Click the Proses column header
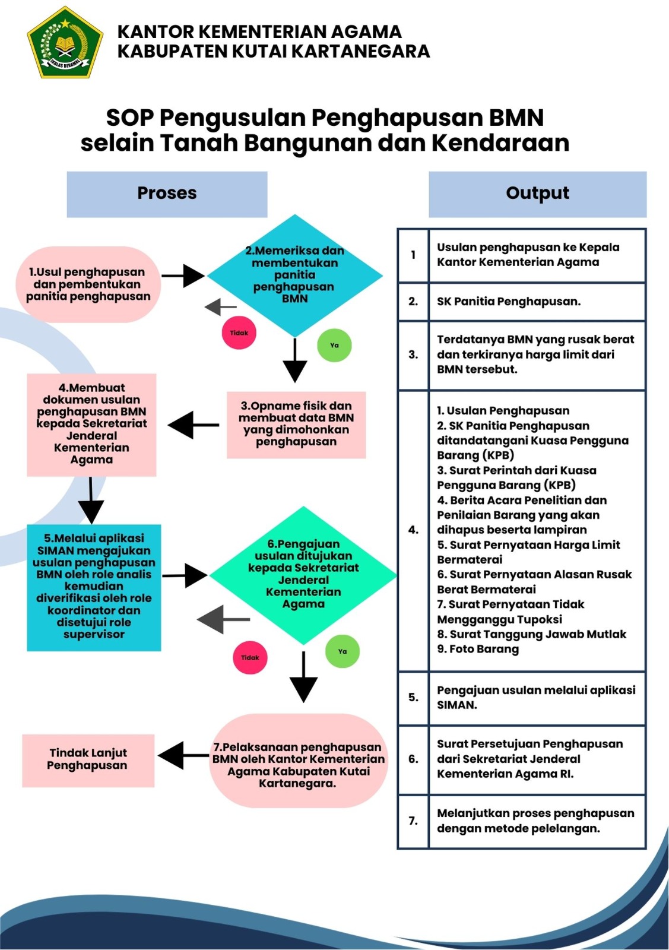pyautogui.click(x=167, y=194)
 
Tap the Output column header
pyautogui.click(x=537, y=194)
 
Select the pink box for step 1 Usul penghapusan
pyautogui.click(x=88, y=284)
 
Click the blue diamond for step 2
pyautogui.click(x=295, y=275)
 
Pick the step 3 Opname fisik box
pyautogui.click(x=296, y=424)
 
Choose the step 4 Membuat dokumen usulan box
pyautogui.click(x=91, y=424)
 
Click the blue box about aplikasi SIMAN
pyautogui.click(x=94, y=587)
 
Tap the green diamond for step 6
pyautogui.click(x=303, y=575)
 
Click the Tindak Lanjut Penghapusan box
pyautogui.click(x=88, y=759)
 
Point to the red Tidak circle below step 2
pyautogui.click(x=239, y=333)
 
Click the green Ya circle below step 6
pyautogui.click(x=343, y=651)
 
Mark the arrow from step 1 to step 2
pyautogui.click(x=183, y=275)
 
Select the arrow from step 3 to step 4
pyautogui.click(x=193, y=425)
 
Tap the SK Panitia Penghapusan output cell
pyautogui.click(x=536, y=302)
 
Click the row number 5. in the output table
pyautogui.click(x=413, y=697)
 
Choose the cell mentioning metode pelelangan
pyautogui.click(x=536, y=821)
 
